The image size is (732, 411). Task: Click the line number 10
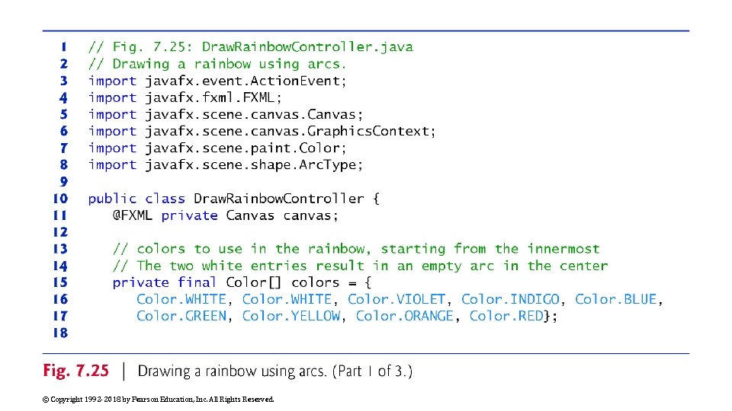point(59,199)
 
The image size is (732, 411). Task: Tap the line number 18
point(59,333)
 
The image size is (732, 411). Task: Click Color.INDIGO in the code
point(510,299)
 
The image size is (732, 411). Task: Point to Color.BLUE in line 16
point(615,299)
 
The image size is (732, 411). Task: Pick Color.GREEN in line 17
point(181,316)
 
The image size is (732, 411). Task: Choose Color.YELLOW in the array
point(291,316)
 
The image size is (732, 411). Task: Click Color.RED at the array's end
point(506,316)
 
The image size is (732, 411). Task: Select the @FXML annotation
point(133,215)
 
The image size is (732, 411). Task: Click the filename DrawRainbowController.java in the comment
point(307,47)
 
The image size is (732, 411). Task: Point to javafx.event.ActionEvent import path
point(246,81)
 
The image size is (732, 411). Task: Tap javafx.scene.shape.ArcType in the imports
point(254,164)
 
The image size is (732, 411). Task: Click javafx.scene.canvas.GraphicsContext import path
point(291,131)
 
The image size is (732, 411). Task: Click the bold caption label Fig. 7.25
point(76,371)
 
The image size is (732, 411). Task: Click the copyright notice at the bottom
point(157,399)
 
